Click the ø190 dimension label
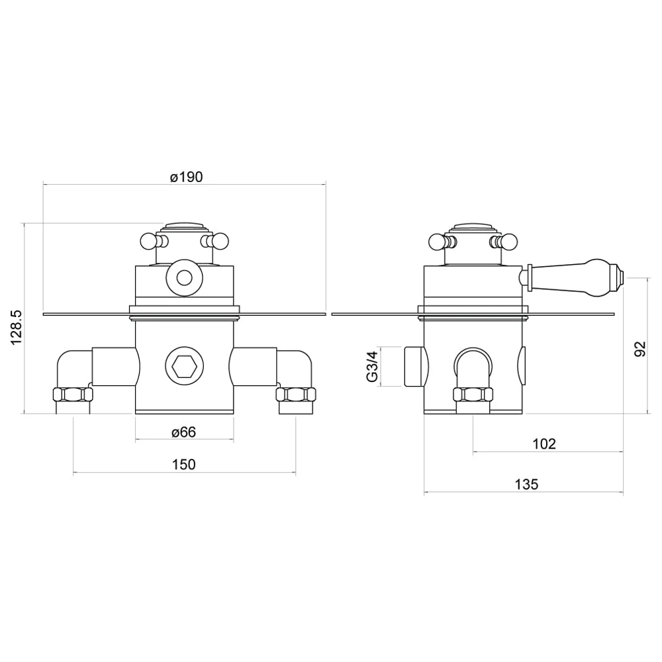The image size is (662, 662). (185, 177)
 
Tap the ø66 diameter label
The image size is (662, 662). (183, 432)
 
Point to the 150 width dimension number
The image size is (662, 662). (183, 464)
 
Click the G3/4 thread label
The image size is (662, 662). (372, 367)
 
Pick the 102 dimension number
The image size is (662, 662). (544, 444)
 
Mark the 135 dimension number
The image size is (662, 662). (526, 484)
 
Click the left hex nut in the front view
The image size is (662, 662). (72, 395)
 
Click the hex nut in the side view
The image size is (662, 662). (473, 395)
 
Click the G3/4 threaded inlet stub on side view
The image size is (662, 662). (413, 366)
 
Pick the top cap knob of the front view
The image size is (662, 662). (184, 226)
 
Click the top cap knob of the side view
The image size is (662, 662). (473, 226)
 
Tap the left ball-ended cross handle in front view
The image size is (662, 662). (149, 241)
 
